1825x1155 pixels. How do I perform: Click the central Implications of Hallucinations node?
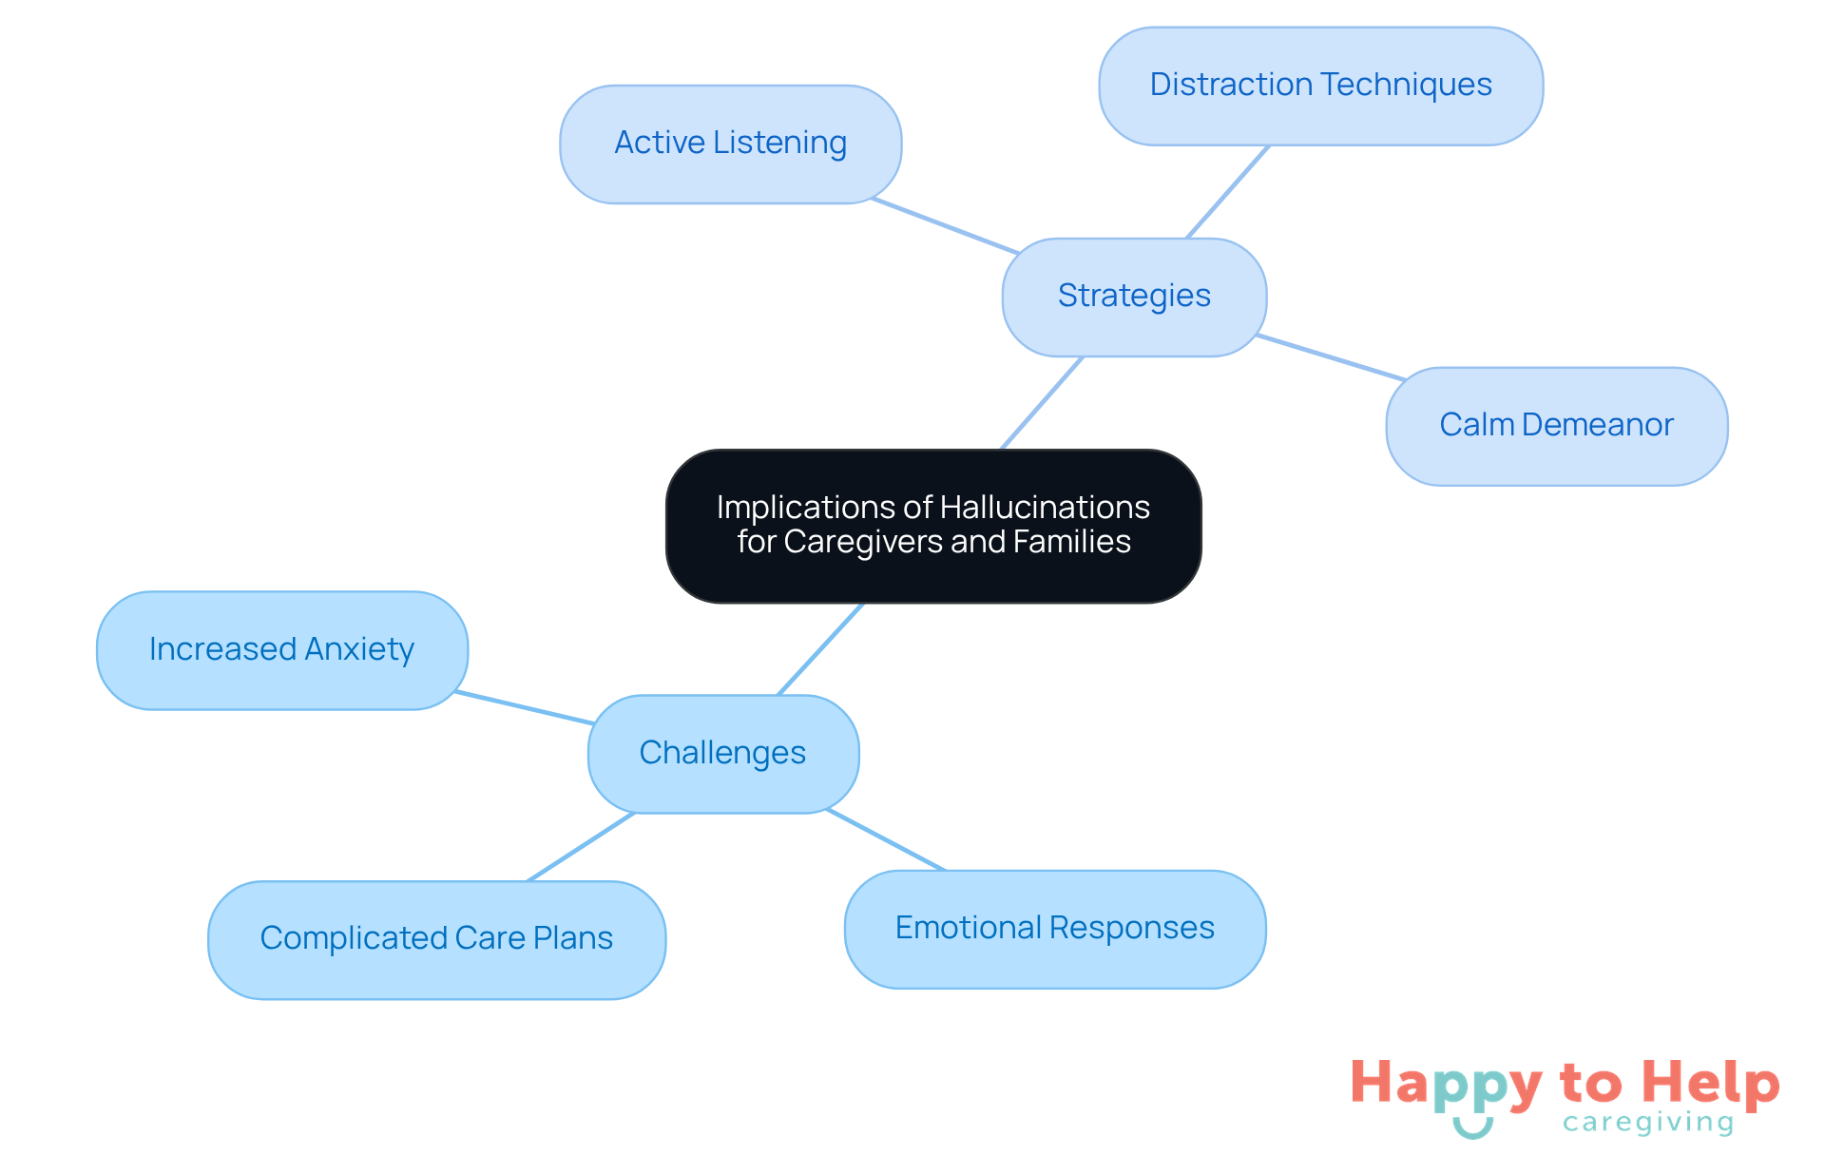coord(933,526)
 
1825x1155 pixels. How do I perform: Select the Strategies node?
coord(1134,297)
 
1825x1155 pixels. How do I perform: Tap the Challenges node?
coord(723,754)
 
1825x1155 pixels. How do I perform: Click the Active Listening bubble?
coord(730,144)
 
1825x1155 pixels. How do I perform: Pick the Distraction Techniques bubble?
coord(1320,86)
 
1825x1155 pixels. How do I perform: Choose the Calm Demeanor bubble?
coord(1556,426)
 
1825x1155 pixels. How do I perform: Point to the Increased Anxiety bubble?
coord(281,650)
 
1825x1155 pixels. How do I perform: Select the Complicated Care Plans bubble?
coord(436,939)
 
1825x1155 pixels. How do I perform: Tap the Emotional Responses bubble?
coord(1054,929)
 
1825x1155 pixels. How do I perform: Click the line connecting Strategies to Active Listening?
coord(945,226)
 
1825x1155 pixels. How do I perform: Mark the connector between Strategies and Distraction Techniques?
coord(1227,192)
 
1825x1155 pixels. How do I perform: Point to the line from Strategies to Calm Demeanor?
coord(1330,357)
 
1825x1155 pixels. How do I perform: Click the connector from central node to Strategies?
coord(1042,403)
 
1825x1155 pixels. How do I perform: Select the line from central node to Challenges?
coord(820,649)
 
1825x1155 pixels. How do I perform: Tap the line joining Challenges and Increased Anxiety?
coord(524,708)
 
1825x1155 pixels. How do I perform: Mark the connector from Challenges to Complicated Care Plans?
coord(581,847)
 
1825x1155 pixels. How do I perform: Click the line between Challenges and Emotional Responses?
coord(886,839)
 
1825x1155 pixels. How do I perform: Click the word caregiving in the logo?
coord(1648,1123)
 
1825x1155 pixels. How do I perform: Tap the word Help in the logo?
coord(1711,1083)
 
